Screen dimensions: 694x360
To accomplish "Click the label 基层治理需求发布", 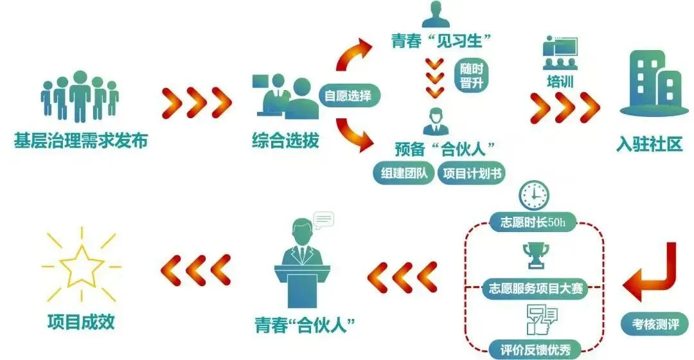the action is point(81,140).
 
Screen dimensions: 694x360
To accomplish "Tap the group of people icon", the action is point(80,96).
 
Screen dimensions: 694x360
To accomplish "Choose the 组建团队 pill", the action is point(403,173).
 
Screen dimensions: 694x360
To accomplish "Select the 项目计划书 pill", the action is point(471,173).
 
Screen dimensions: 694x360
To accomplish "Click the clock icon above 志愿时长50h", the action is point(535,195).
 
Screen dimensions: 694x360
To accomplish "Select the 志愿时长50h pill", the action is point(535,223).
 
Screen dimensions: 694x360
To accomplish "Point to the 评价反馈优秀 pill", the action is point(535,349).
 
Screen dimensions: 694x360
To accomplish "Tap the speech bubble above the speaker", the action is point(323,219).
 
